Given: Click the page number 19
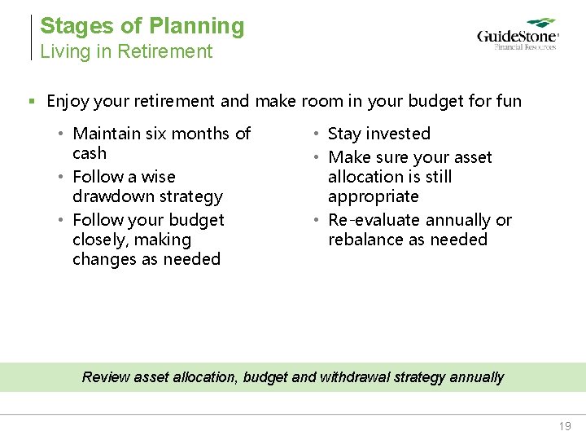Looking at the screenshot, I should click(x=565, y=426).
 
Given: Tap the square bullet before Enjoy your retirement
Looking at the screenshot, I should click(x=32, y=102).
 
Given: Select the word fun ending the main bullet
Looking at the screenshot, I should click(x=508, y=101).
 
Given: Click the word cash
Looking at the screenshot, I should click(x=90, y=154).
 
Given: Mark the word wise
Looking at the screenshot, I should click(x=158, y=177).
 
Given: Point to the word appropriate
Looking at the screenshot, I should click(x=373, y=196).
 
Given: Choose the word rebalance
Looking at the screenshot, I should click(x=365, y=240).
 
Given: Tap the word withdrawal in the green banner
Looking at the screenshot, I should click(x=357, y=377).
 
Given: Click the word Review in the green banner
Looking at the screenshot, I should click(x=106, y=377).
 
